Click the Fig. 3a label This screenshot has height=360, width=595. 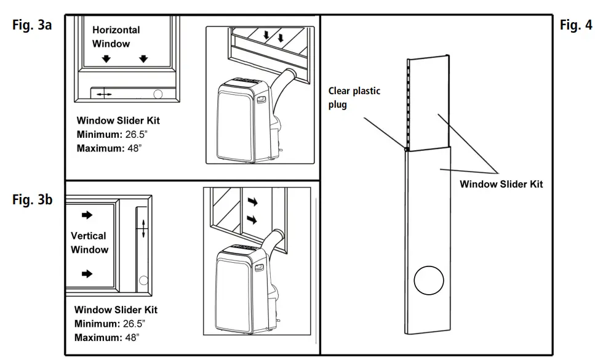tap(31, 25)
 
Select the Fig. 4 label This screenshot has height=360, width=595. tap(576, 25)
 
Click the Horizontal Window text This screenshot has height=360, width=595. tap(116, 36)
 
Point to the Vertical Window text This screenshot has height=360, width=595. tap(89, 242)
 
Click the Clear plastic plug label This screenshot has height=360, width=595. tap(354, 97)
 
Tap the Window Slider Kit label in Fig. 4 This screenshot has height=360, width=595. tap(501, 184)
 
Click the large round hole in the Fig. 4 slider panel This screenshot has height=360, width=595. tap(429, 282)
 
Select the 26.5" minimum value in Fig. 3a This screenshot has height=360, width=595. tap(132, 134)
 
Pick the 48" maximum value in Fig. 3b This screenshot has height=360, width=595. tap(130, 338)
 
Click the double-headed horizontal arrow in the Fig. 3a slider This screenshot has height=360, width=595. tap(104, 94)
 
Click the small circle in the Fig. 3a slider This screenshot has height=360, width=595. tap(158, 94)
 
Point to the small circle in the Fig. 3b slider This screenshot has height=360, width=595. tap(144, 281)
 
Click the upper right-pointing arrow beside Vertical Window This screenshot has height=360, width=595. tap(87, 215)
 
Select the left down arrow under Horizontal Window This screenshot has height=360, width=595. tap(106, 58)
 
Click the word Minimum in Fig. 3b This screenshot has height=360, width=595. tap(96, 324)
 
